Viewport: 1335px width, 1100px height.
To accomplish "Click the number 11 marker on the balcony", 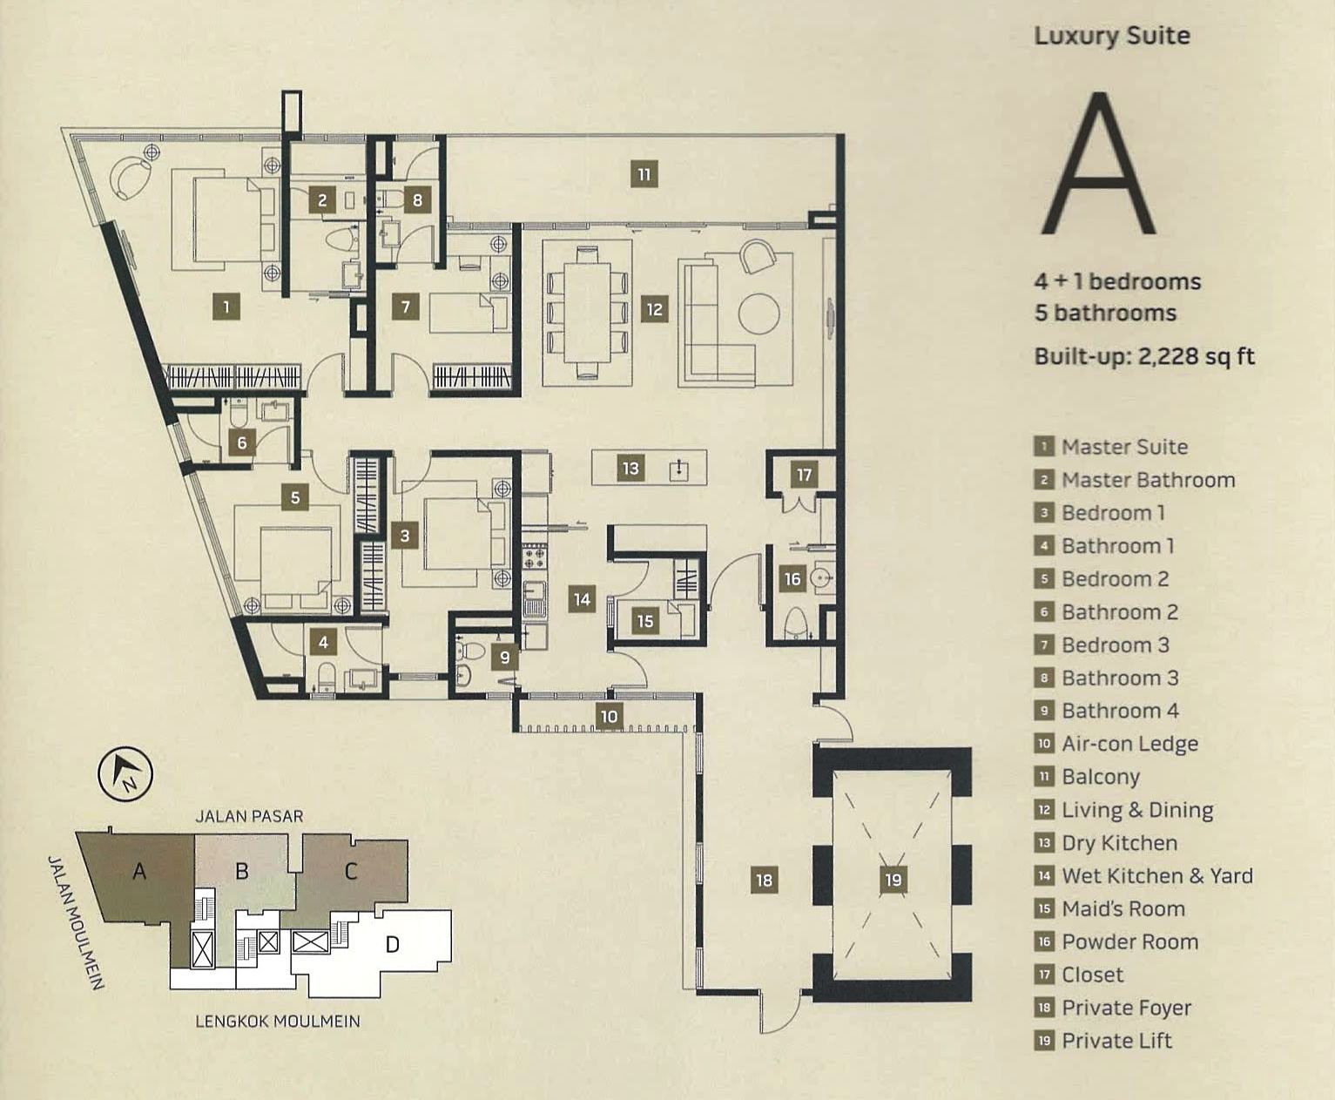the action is [644, 174].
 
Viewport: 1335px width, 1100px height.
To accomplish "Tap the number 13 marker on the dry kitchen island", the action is [630, 469].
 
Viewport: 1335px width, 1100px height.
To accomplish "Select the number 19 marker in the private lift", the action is [893, 880].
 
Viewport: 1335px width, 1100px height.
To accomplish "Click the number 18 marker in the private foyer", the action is [764, 880].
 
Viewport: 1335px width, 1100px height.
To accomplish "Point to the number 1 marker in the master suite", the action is [226, 306].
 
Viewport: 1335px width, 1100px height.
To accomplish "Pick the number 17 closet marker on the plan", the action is [804, 475].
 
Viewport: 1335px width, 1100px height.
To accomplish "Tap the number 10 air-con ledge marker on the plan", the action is [609, 717].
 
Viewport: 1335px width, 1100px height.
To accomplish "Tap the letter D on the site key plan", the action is [392, 944].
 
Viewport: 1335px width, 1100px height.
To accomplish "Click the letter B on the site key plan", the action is [242, 870].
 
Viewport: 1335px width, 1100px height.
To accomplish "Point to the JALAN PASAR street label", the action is [249, 816].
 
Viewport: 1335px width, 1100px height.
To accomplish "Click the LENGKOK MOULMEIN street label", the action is [277, 1021].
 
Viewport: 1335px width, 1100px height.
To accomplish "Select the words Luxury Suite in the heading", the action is [1111, 36].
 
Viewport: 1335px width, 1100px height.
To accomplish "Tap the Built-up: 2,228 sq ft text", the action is [1144, 356].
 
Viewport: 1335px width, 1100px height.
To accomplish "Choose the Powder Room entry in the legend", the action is [1129, 941].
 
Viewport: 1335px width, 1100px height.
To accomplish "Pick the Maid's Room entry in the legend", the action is [1123, 908].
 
